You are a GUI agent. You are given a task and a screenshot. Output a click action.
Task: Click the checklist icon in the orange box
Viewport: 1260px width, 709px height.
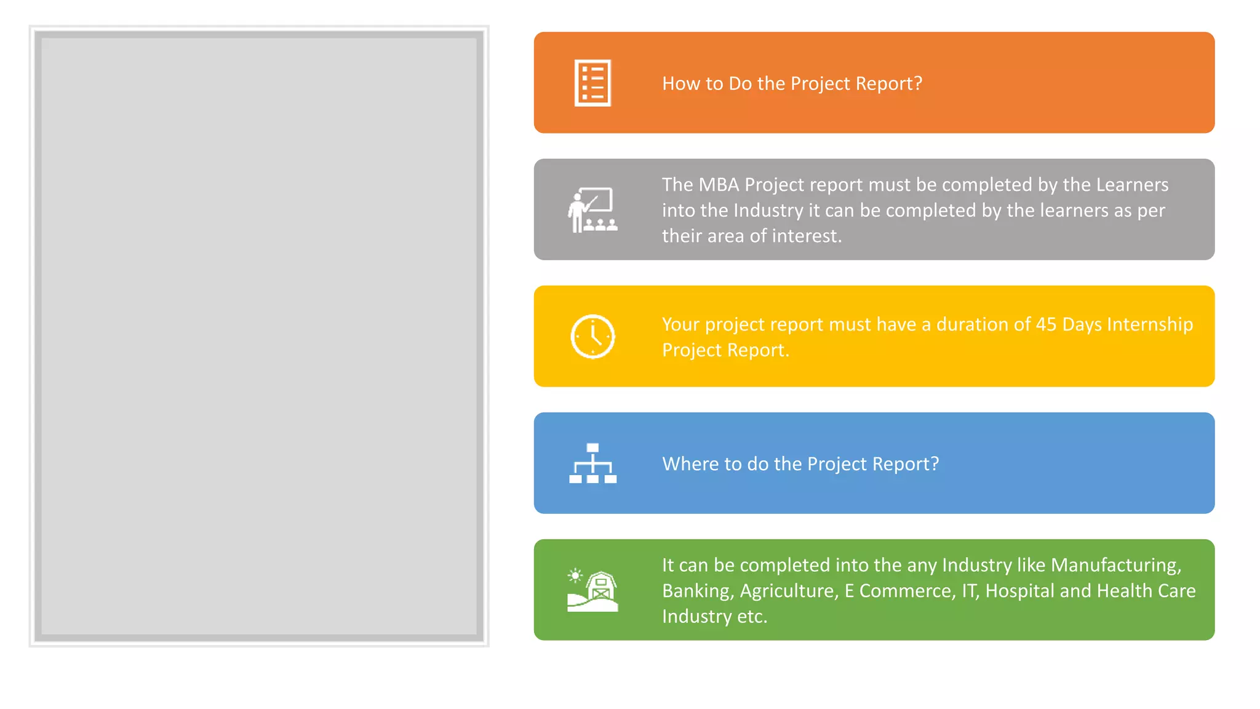click(x=592, y=83)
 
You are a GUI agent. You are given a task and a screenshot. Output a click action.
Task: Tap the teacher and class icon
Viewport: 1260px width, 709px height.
click(x=592, y=210)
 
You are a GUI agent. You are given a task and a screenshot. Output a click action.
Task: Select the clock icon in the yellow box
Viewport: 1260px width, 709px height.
click(x=592, y=337)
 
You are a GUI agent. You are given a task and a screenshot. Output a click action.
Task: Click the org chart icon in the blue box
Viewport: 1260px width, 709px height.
click(x=592, y=463)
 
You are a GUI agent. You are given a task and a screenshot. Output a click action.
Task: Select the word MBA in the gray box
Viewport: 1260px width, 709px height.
click(x=719, y=185)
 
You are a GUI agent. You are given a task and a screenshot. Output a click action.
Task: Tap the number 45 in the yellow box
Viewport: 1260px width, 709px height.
click(x=1046, y=324)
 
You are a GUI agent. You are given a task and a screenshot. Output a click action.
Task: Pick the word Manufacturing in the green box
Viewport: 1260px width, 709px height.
click(x=1115, y=565)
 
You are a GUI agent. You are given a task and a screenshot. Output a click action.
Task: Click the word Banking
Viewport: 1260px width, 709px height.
click(x=698, y=591)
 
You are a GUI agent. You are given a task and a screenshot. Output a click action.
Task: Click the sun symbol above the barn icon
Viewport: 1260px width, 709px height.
click(x=575, y=575)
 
